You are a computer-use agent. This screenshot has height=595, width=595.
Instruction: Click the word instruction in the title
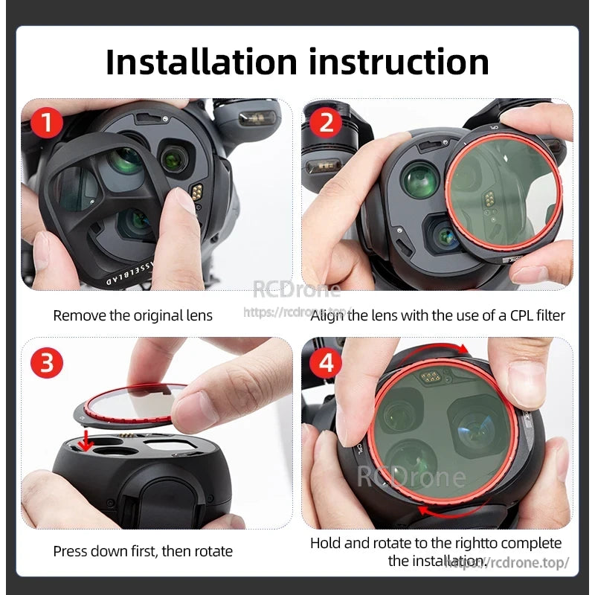click(399, 62)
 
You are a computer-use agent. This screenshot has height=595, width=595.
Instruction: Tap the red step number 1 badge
click(48, 122)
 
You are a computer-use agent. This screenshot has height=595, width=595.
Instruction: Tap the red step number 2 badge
click(326, 122)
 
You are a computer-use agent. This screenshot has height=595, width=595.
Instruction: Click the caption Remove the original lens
click(132, 315)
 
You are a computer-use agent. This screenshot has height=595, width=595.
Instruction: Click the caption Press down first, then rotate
click(143, 551)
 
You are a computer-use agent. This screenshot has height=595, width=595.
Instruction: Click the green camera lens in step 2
click(420, 181)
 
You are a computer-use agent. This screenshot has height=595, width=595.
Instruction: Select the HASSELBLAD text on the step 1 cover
click(112, 266)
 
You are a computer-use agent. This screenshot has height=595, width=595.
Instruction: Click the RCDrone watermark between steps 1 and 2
click(296, 290)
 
